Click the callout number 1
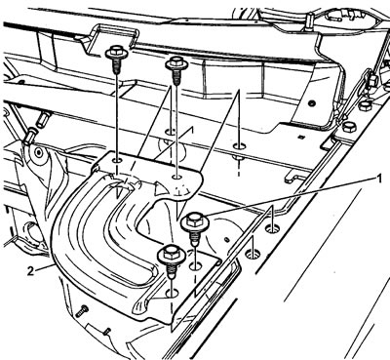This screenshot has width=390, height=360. click(x=378, y=179)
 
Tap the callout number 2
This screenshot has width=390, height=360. click(x=30, y=270)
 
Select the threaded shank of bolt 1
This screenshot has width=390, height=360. click(x=195, y=238)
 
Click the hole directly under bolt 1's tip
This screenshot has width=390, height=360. click(x=195, y=266)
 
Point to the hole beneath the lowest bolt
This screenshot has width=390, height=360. click(x=172, y=293)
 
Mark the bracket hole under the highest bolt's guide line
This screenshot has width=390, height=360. click(x=117, y=160)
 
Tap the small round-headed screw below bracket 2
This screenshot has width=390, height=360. click(x=82, y=311)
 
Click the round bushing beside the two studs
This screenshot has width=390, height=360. click(x=39, y=152)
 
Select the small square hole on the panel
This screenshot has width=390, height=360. click(x=301, y=137)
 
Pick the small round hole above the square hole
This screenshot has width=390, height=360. click(x=313, y=103)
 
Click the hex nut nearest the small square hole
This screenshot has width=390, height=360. click(x=348, y=128)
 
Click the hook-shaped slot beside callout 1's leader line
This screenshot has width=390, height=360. click(x=296, y=177)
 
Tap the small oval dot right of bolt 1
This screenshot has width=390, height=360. click(x=227, y=240)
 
